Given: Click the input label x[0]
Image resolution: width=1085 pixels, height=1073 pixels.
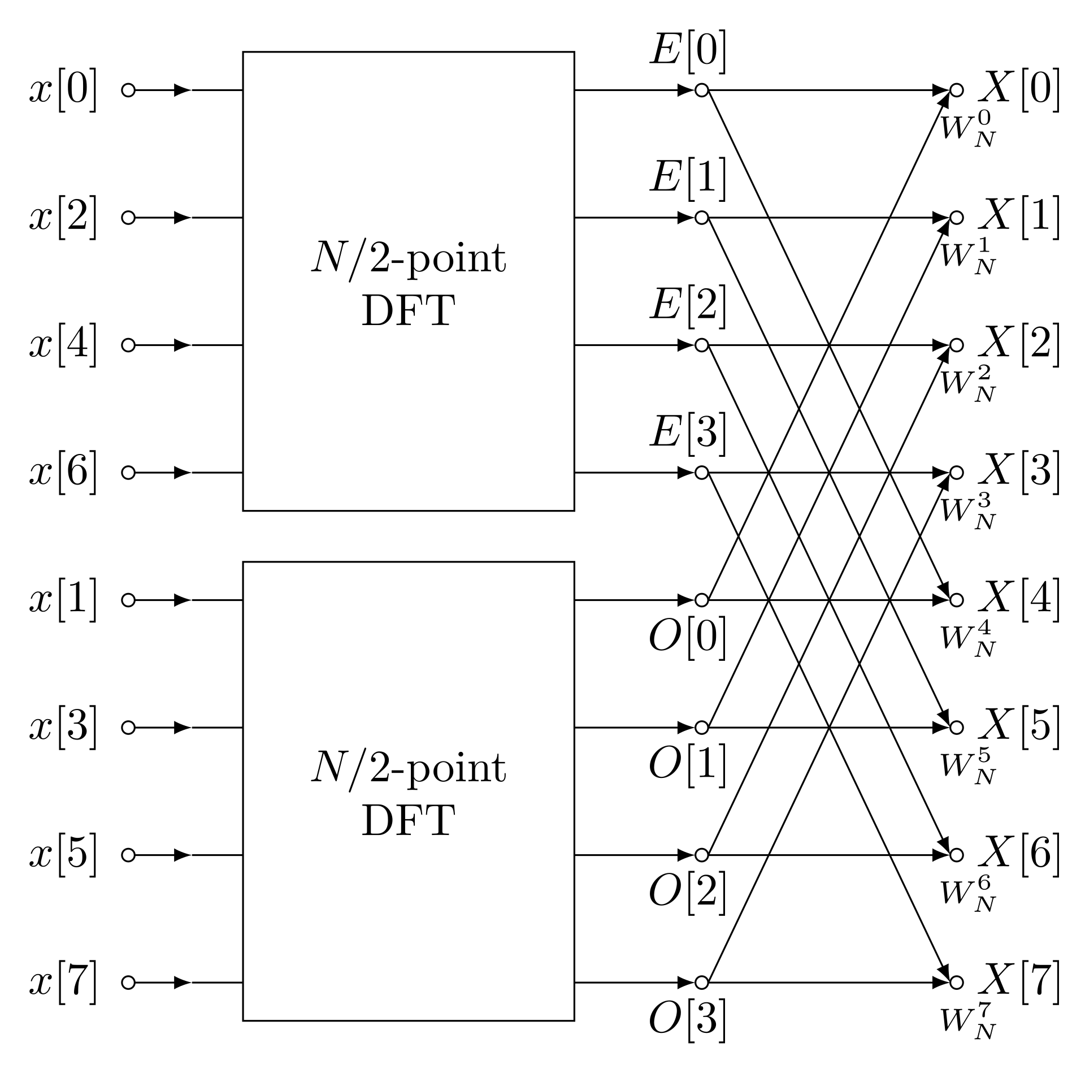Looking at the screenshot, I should (x=63, y=90).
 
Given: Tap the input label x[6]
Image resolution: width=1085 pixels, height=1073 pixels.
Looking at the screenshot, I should (x=63, y=473).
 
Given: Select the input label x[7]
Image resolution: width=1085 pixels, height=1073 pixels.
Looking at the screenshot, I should (x=63, y=983).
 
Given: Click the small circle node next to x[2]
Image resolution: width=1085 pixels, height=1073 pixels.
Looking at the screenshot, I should (x=128, y=218).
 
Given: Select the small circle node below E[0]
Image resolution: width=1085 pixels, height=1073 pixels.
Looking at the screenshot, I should (x=702, y=90).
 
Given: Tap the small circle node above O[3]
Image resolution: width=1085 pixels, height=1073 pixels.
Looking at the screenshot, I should (x=702, y=983).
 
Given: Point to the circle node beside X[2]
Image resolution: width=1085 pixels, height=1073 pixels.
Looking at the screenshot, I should (x=956, y=345).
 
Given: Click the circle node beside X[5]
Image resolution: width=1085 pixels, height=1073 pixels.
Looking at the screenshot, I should (x=956, y=728).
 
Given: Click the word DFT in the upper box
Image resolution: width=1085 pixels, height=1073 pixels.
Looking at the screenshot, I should (x=408, y=311).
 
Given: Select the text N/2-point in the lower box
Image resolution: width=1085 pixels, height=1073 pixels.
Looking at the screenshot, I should (x=408, y=769).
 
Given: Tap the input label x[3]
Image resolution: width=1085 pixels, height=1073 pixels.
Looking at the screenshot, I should (x=63, y=728).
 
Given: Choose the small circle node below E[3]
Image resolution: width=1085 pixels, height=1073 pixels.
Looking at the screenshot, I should (x=702, y=473).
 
